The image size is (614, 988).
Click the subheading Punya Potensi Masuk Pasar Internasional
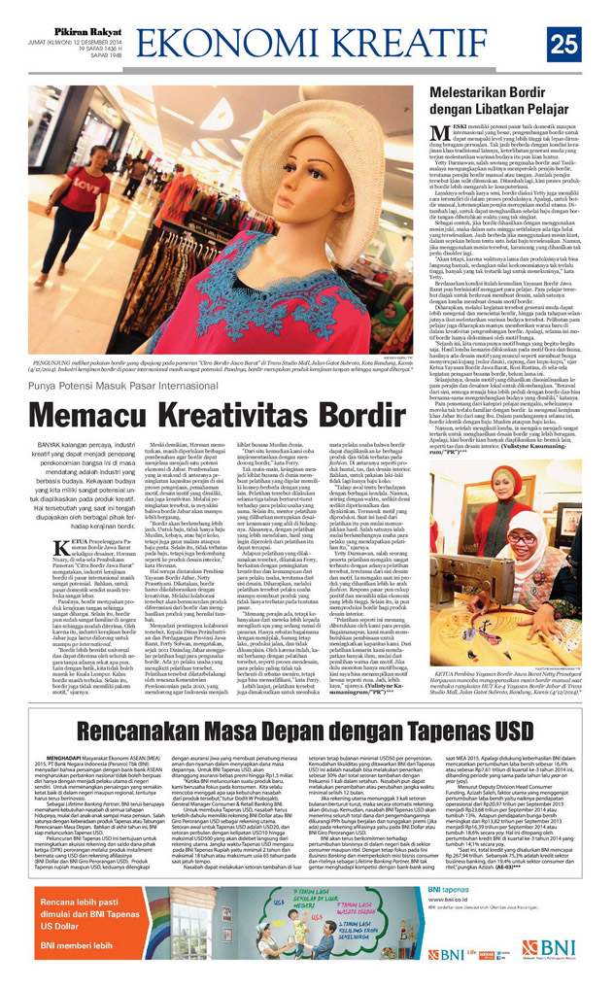(136, 385)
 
